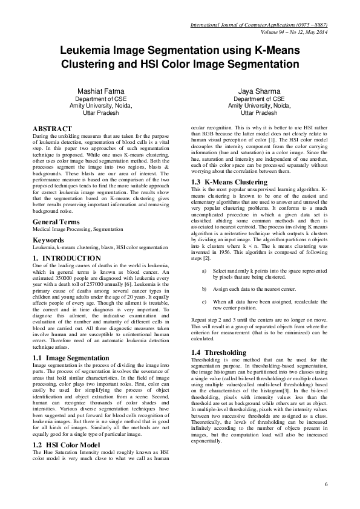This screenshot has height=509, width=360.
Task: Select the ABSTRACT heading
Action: (x=52, y=129)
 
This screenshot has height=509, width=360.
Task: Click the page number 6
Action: (x=326, y=484)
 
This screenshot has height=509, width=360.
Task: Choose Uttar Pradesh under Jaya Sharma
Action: (x=258, y=112)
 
